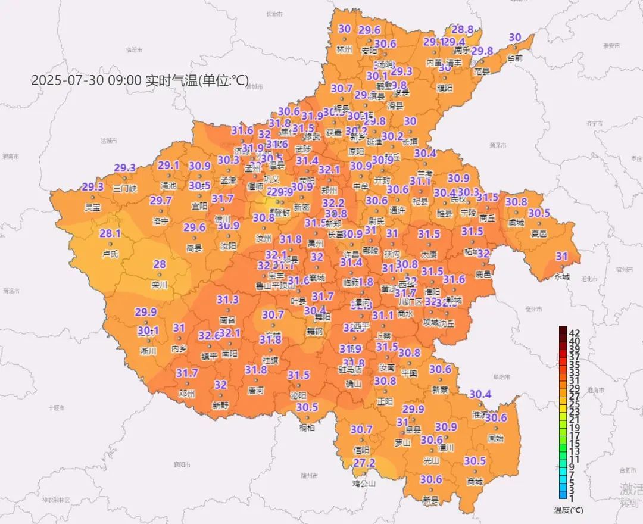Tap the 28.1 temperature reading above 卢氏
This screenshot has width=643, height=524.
(110, 233)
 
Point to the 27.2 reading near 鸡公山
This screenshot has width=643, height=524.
(364, 463)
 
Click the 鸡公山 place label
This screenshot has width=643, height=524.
(364, 483)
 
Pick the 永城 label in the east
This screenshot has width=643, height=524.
(562, 277)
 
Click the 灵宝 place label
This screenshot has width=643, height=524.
(93, 207)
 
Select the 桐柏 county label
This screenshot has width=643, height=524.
(307, 428)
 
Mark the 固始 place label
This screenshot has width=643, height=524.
(495, 438)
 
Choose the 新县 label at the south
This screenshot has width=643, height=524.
(430, 501)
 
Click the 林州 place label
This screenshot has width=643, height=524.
(345, 49)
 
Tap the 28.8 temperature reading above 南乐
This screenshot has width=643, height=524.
(462, 29)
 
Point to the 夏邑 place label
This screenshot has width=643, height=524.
(539, 233)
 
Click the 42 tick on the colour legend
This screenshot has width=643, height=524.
(575, 332)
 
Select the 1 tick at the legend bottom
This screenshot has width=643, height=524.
(572, 497)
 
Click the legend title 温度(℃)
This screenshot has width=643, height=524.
(569, 510)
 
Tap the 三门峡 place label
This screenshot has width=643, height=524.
(124, 188)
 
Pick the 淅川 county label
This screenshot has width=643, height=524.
(148, 351)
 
